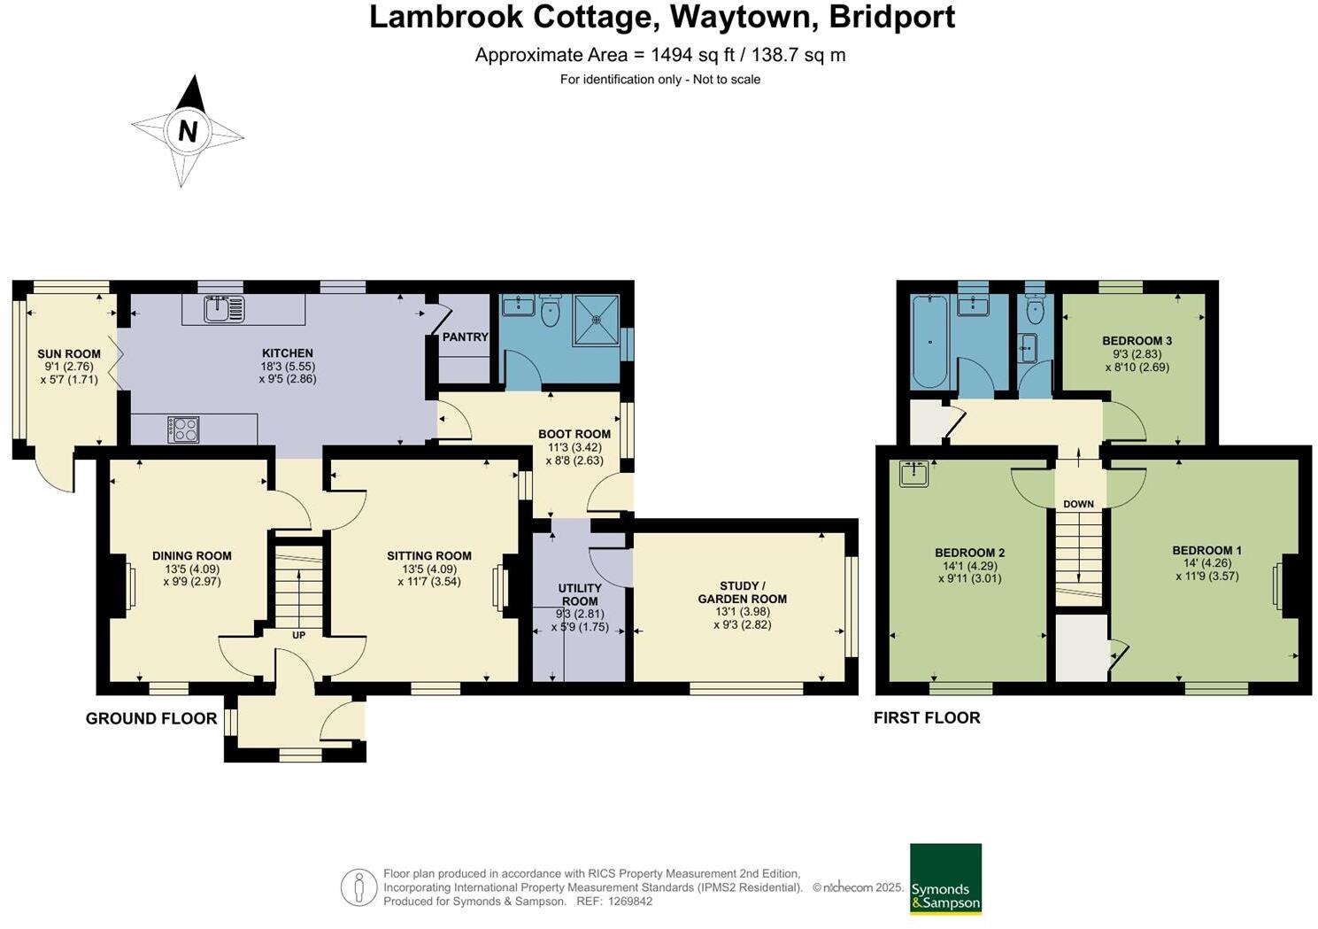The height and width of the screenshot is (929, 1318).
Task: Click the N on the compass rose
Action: tap(187, 131)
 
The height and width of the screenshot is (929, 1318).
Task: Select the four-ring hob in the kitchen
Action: tap(183, 430)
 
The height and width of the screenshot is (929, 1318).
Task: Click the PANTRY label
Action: tap(465, 337)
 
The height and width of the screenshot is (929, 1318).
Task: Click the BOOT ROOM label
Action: tap(574, 434)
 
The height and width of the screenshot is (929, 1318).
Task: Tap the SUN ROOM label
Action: tap(69, 353)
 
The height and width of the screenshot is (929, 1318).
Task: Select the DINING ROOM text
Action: tap(192, 556)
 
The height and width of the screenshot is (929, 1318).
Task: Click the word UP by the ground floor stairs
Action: tap(299, 635)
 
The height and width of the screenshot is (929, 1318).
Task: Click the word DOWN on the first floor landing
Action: tap(1078, 504)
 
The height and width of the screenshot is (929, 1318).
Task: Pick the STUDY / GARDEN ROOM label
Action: tap(742, 592)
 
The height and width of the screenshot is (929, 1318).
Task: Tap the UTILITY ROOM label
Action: tap(580, 594)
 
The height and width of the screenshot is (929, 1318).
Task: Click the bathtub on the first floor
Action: tap(929, 342)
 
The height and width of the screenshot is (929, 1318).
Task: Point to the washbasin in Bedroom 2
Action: tap(913, 474)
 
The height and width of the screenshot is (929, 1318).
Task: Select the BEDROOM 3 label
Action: tap(1137, 341)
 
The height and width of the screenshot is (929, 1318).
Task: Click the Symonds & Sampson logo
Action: tap(945, 879)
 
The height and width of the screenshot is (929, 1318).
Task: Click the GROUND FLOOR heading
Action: tap(151, 718)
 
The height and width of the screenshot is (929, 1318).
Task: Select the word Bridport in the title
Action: tap(891, 17)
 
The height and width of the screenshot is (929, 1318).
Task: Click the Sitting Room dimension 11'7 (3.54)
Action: tap(429, 582)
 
